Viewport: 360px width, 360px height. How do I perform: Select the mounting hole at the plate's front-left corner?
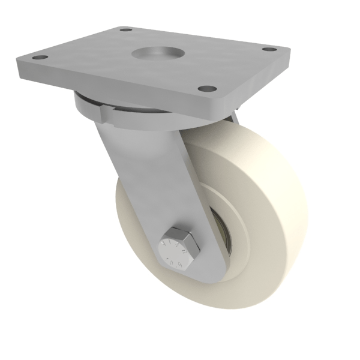pyautogui.click(x=40, y=58)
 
